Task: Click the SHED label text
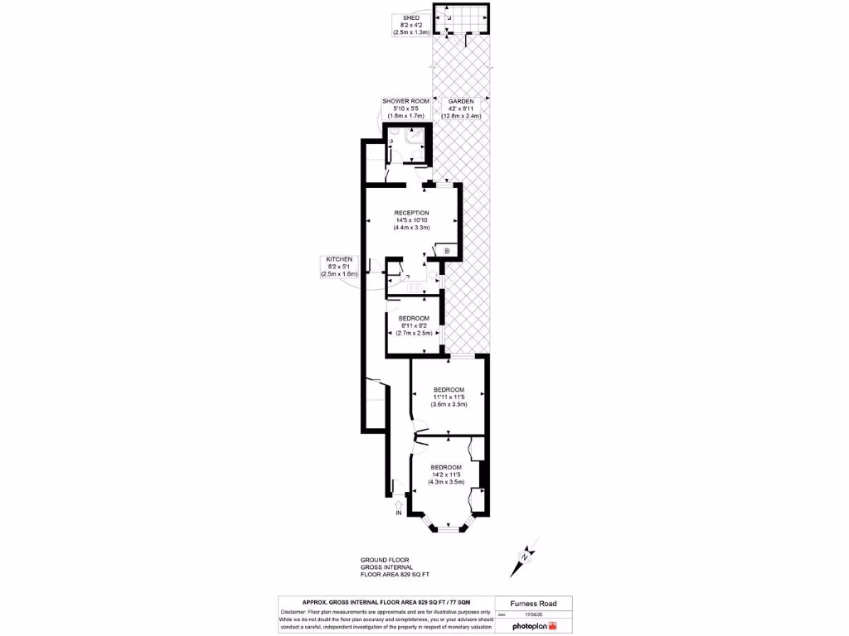[x=410, y=17]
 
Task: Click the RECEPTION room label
[x=411, y=213]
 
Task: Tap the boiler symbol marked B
[x=445, y=250]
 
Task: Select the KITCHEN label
[x=338, y=259]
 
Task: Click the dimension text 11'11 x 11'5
[x=449, y=397]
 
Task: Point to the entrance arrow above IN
[x=399, y=503]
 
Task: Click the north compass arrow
[x=526, y=556]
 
